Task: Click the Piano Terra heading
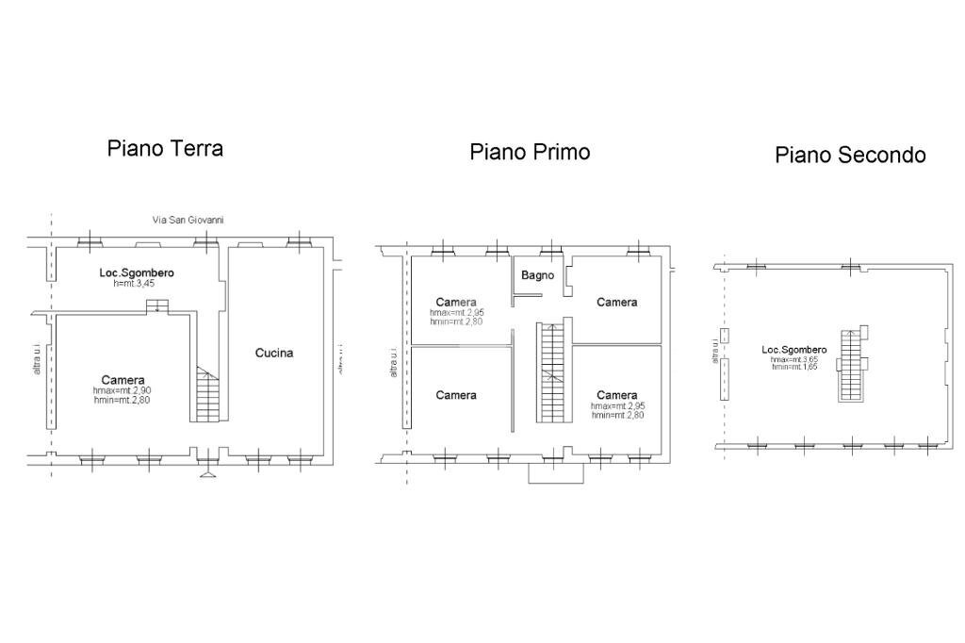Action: (165, 148)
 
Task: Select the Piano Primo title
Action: (530, 152)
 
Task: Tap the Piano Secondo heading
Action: (850, 155)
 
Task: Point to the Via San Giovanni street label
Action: (188, 220)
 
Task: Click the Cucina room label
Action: (274, 353)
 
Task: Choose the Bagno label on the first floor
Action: (538, 275)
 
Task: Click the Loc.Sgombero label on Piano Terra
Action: (137, 273)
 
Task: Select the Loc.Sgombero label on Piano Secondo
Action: (794, 350)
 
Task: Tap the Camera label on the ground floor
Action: (123, 380)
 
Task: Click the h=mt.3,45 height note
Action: (137, 283)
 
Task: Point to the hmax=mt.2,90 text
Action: (122, 390)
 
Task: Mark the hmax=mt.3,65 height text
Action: (794, 359)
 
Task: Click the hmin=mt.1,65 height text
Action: (794, 367)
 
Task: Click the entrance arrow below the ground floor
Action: (207, 472)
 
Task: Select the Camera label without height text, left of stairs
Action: (456, 395)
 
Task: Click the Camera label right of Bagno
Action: (617, 302)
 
